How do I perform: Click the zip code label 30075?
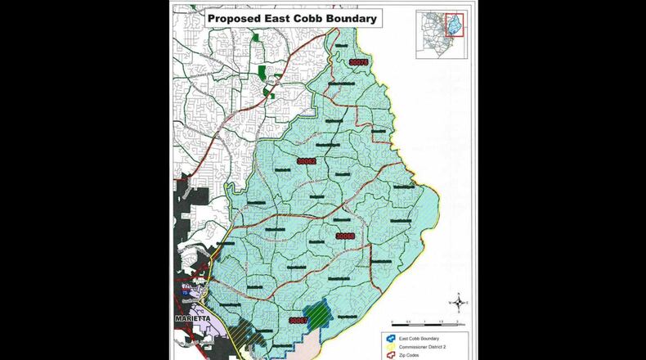(x=358, y=62)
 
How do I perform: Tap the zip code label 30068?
(x=346, y=236)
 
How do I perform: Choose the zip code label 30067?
(x=300, y=321)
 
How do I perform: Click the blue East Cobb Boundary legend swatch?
(x=390, y=337)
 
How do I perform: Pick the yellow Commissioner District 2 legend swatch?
(x=390, y=347)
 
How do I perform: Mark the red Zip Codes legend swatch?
(x=390, y=356)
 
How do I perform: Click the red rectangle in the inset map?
(x=454, y=25)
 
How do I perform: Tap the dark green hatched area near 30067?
(x=316, y=313)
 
